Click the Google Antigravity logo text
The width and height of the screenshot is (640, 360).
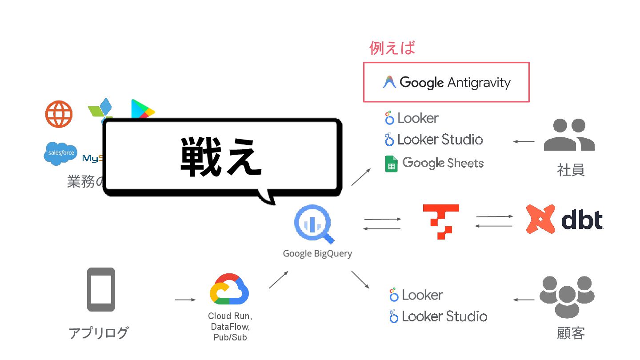click(454, 83)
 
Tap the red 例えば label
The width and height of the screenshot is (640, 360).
click(392, 48)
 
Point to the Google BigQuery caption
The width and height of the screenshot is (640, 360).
click(317, 254)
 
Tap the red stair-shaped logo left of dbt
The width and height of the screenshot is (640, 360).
click(440, 221)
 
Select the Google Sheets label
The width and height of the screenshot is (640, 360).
click(443, 163)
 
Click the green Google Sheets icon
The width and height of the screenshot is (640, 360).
click(391, 164)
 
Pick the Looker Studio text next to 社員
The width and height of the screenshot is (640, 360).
click(440, 140)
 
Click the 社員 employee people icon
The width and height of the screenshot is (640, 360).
click(569, 135)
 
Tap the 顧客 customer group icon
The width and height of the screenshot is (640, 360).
click(567, 297)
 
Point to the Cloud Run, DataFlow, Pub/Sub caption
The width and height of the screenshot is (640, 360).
click(229, 327)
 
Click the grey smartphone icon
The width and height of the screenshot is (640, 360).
click(101, 289)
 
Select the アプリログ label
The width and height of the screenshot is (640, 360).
click(99, 332)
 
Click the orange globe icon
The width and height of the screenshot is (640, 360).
click(59, 114)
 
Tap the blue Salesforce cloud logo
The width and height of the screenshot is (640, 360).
click(60, 154)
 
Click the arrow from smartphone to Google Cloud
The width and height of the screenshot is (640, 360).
click(185, 300)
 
